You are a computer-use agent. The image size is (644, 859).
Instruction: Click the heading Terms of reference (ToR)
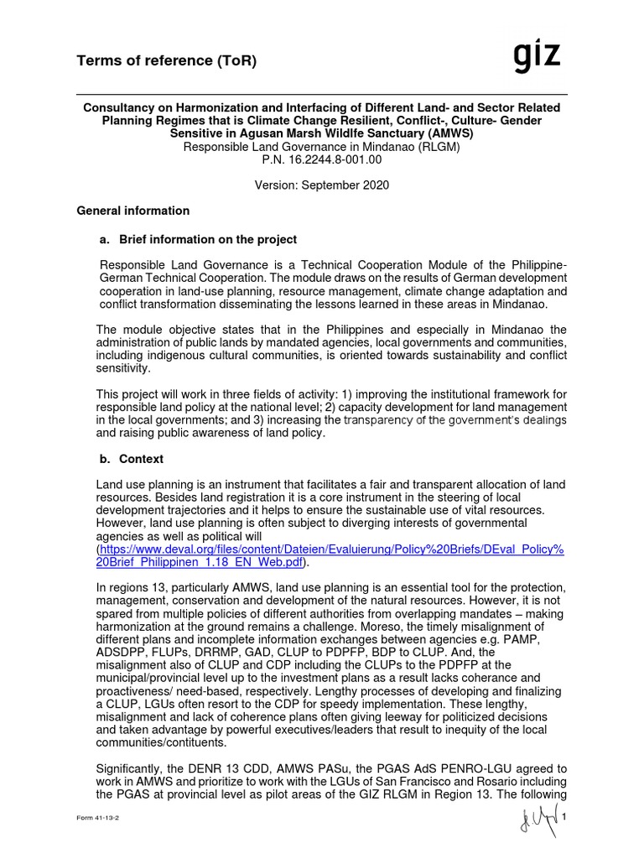click(167, 60)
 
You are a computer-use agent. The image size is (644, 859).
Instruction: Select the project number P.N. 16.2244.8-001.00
click(322, 159)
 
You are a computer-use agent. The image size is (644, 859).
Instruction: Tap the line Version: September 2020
click(322, 185)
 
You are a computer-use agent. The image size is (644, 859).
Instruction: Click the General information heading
click(133, 211)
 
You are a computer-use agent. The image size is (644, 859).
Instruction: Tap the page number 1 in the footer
click(565, 818)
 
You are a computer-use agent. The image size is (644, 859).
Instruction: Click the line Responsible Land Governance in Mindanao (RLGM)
click(322, 146)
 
